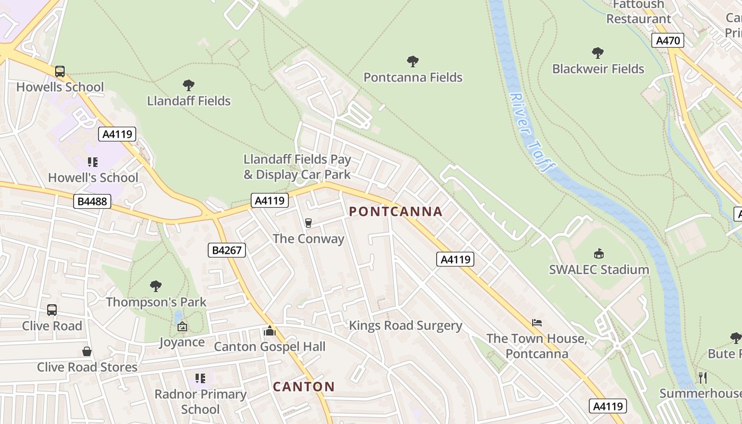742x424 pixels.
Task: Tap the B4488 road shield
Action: [92, 201]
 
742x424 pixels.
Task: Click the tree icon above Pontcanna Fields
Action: [413, 61]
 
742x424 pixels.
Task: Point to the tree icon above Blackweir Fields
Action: [598, 53]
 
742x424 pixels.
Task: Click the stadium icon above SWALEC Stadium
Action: [599, 254]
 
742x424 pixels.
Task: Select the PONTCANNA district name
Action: [396, 211]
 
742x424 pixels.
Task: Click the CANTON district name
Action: [304, 386]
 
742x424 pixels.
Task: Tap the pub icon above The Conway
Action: [308, 223]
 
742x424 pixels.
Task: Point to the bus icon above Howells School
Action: [60, 71]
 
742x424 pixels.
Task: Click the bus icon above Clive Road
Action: [52, 310]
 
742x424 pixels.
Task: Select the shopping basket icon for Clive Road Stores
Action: [87, 351]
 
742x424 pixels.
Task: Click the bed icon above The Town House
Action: [536, 323]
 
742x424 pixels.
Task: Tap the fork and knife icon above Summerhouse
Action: [703, 377]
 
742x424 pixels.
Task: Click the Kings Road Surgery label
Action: [405, 325]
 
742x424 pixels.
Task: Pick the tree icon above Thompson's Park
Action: [156, 286]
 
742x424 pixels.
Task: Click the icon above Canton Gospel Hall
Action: [270, 331]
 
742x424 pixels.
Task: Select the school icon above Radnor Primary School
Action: [200, 378]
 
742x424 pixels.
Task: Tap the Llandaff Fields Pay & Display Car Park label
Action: [297, 166]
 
